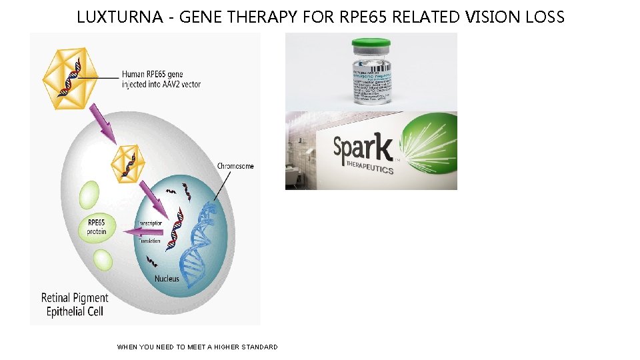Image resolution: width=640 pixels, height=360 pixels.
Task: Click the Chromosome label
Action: coord(235,166)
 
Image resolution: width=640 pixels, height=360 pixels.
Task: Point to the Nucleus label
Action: coord(167,279)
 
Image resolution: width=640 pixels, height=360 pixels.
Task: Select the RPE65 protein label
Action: coord(96,227)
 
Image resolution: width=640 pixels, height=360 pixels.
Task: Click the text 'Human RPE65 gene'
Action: coord(153,74)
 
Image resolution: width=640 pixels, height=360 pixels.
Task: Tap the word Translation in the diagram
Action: coord(149,241)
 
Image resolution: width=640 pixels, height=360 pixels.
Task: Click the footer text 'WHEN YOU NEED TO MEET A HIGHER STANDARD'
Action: coord(197,347)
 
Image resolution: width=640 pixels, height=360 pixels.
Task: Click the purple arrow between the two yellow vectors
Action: coord(103,125)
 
